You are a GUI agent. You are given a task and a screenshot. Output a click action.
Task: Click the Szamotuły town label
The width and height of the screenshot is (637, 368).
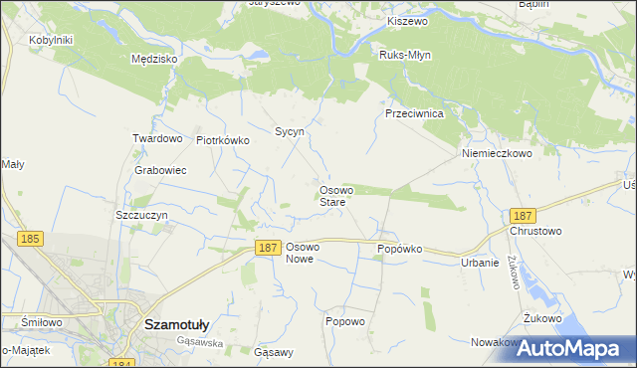pos(181,324)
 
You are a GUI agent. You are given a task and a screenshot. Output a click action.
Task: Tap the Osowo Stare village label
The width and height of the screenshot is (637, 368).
pos(332,196)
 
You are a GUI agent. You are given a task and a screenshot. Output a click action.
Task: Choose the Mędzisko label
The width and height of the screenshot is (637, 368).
pos(154,60)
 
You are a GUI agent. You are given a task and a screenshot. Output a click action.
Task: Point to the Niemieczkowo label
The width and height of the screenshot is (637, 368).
pos(497,154)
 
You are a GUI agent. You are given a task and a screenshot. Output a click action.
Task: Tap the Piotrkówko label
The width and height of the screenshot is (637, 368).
pos(222,140)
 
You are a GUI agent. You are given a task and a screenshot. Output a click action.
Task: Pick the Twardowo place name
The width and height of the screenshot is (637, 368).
pos(157,138)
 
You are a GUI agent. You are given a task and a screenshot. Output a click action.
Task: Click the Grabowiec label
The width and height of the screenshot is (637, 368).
pos(160,170)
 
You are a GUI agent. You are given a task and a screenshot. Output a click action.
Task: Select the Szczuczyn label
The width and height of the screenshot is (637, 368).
pos(144,215)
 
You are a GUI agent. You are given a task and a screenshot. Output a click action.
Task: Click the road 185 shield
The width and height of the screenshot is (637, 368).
pos(30,239)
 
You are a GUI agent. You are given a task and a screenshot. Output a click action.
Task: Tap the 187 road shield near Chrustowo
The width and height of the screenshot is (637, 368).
pos(522,215)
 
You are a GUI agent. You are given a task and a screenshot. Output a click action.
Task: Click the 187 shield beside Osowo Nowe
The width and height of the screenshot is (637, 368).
pos(266,248)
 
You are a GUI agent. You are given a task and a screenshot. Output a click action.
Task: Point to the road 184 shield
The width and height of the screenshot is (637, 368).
pos(121,364)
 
